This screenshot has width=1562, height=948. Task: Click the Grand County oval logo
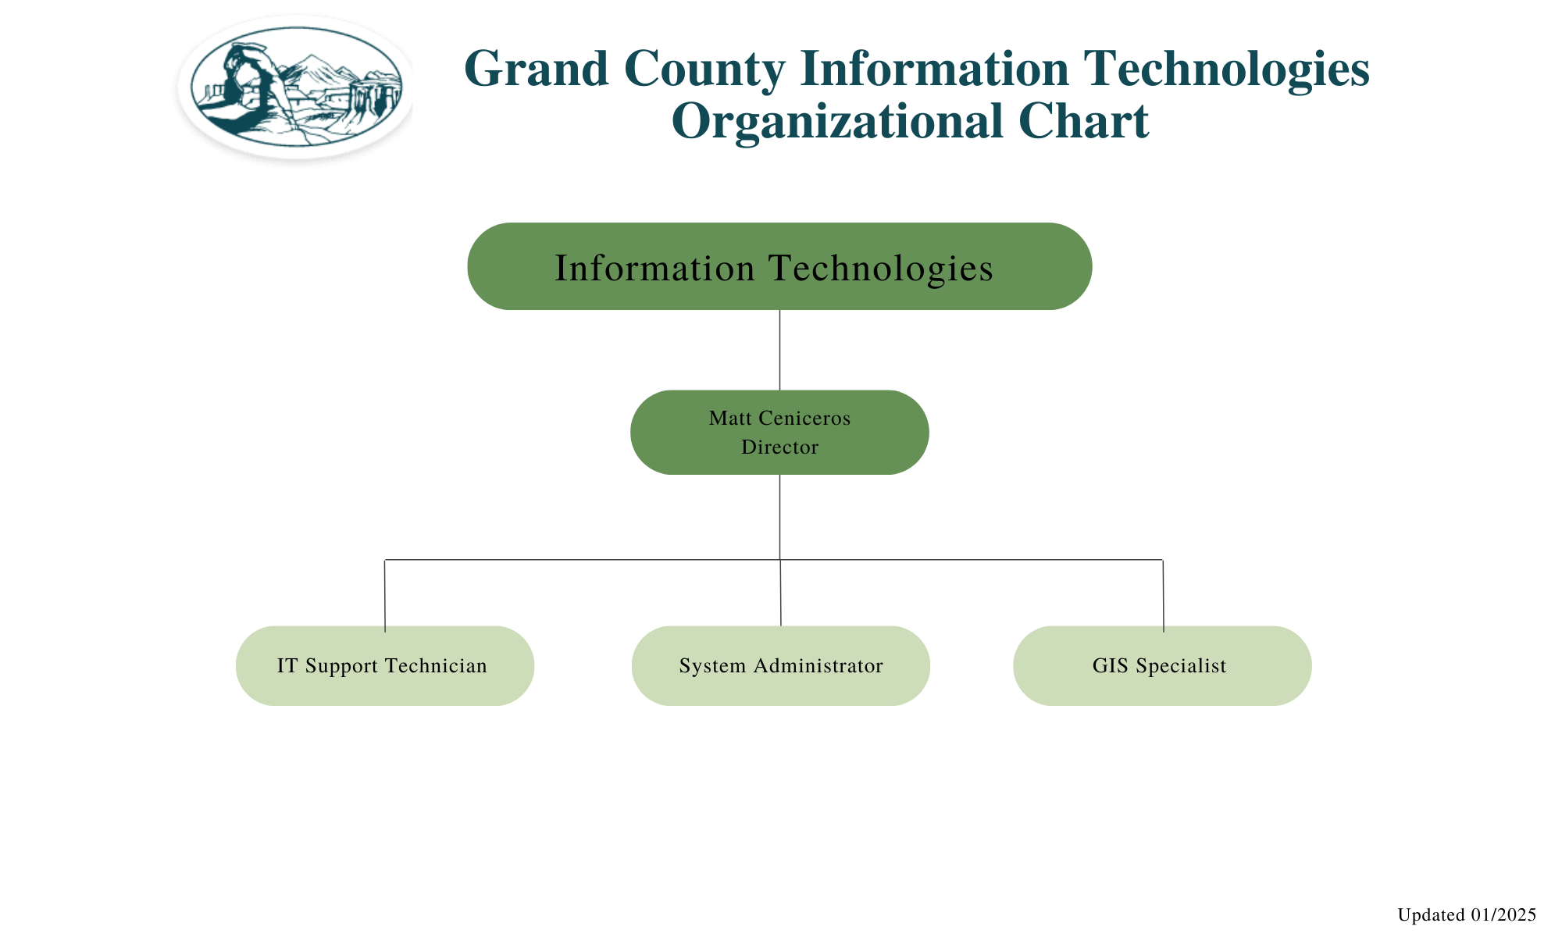pyautogui.click(x=296, y=87)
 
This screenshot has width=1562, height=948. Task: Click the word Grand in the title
pyautogui.click(x=537, y=69)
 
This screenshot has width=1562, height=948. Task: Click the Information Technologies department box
pyautogui.click(x=779, y=266)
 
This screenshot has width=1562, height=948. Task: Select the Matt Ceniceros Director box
pyautogui.click(x=779, y=432)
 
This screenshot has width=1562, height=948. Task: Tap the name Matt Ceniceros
pyautogui.click(x=779, y=418)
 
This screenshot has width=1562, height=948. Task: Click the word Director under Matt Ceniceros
pyautogui.click(x=779, y=447)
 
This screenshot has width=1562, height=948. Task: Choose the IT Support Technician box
pyautogui.click(x=385, y=665)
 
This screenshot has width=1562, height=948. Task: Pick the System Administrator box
pyautogui.click(x=781, y=665)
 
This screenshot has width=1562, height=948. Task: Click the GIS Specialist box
pyautogui.click(x=1162, y=665)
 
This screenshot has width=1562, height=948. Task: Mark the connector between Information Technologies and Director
pyautogui.click(x=780, y=350)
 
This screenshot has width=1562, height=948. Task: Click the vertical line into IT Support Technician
pyautogui.click(x=385, y=596)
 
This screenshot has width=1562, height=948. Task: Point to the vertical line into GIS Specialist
pyautogui.click(x=1164, y=596)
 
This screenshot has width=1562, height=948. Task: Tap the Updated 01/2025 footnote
pyautogui.click(x=1467, y=914)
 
